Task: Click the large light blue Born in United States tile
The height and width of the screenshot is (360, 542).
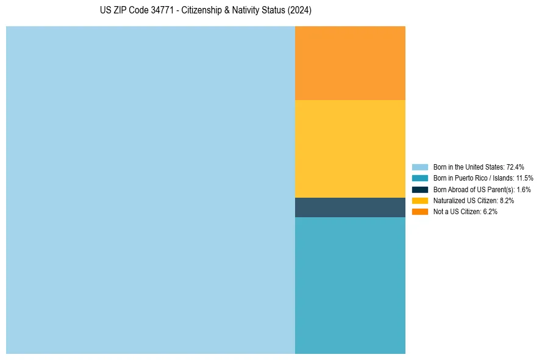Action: (x=150, y=190)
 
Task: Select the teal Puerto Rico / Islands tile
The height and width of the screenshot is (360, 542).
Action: (x=350, y=285)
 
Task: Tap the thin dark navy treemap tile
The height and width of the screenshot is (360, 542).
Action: (x=350, y=207)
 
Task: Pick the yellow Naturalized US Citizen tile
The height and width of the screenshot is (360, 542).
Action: (x=350, y=148)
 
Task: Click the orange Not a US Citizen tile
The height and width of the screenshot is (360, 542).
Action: (x=350, y=63)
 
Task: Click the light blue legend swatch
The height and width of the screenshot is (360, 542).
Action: (x=420, y=167)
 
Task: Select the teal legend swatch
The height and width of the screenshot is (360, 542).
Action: (x=420, y=178)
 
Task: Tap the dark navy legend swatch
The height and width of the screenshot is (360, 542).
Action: (x=420, y=189)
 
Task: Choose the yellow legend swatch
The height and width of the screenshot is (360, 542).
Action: (x=420, y=200)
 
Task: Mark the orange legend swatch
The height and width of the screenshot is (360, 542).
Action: (x=420, y=212)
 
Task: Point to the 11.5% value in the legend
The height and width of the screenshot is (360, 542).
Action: (x=524, y=178)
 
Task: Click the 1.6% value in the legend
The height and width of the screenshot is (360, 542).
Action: (x=523, y=189)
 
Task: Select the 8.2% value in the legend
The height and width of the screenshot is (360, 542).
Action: (x=507, y=200)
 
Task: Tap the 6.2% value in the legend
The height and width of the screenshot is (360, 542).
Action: (x=490, y=212)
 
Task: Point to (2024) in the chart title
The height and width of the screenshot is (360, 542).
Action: (x=301, y=10)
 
